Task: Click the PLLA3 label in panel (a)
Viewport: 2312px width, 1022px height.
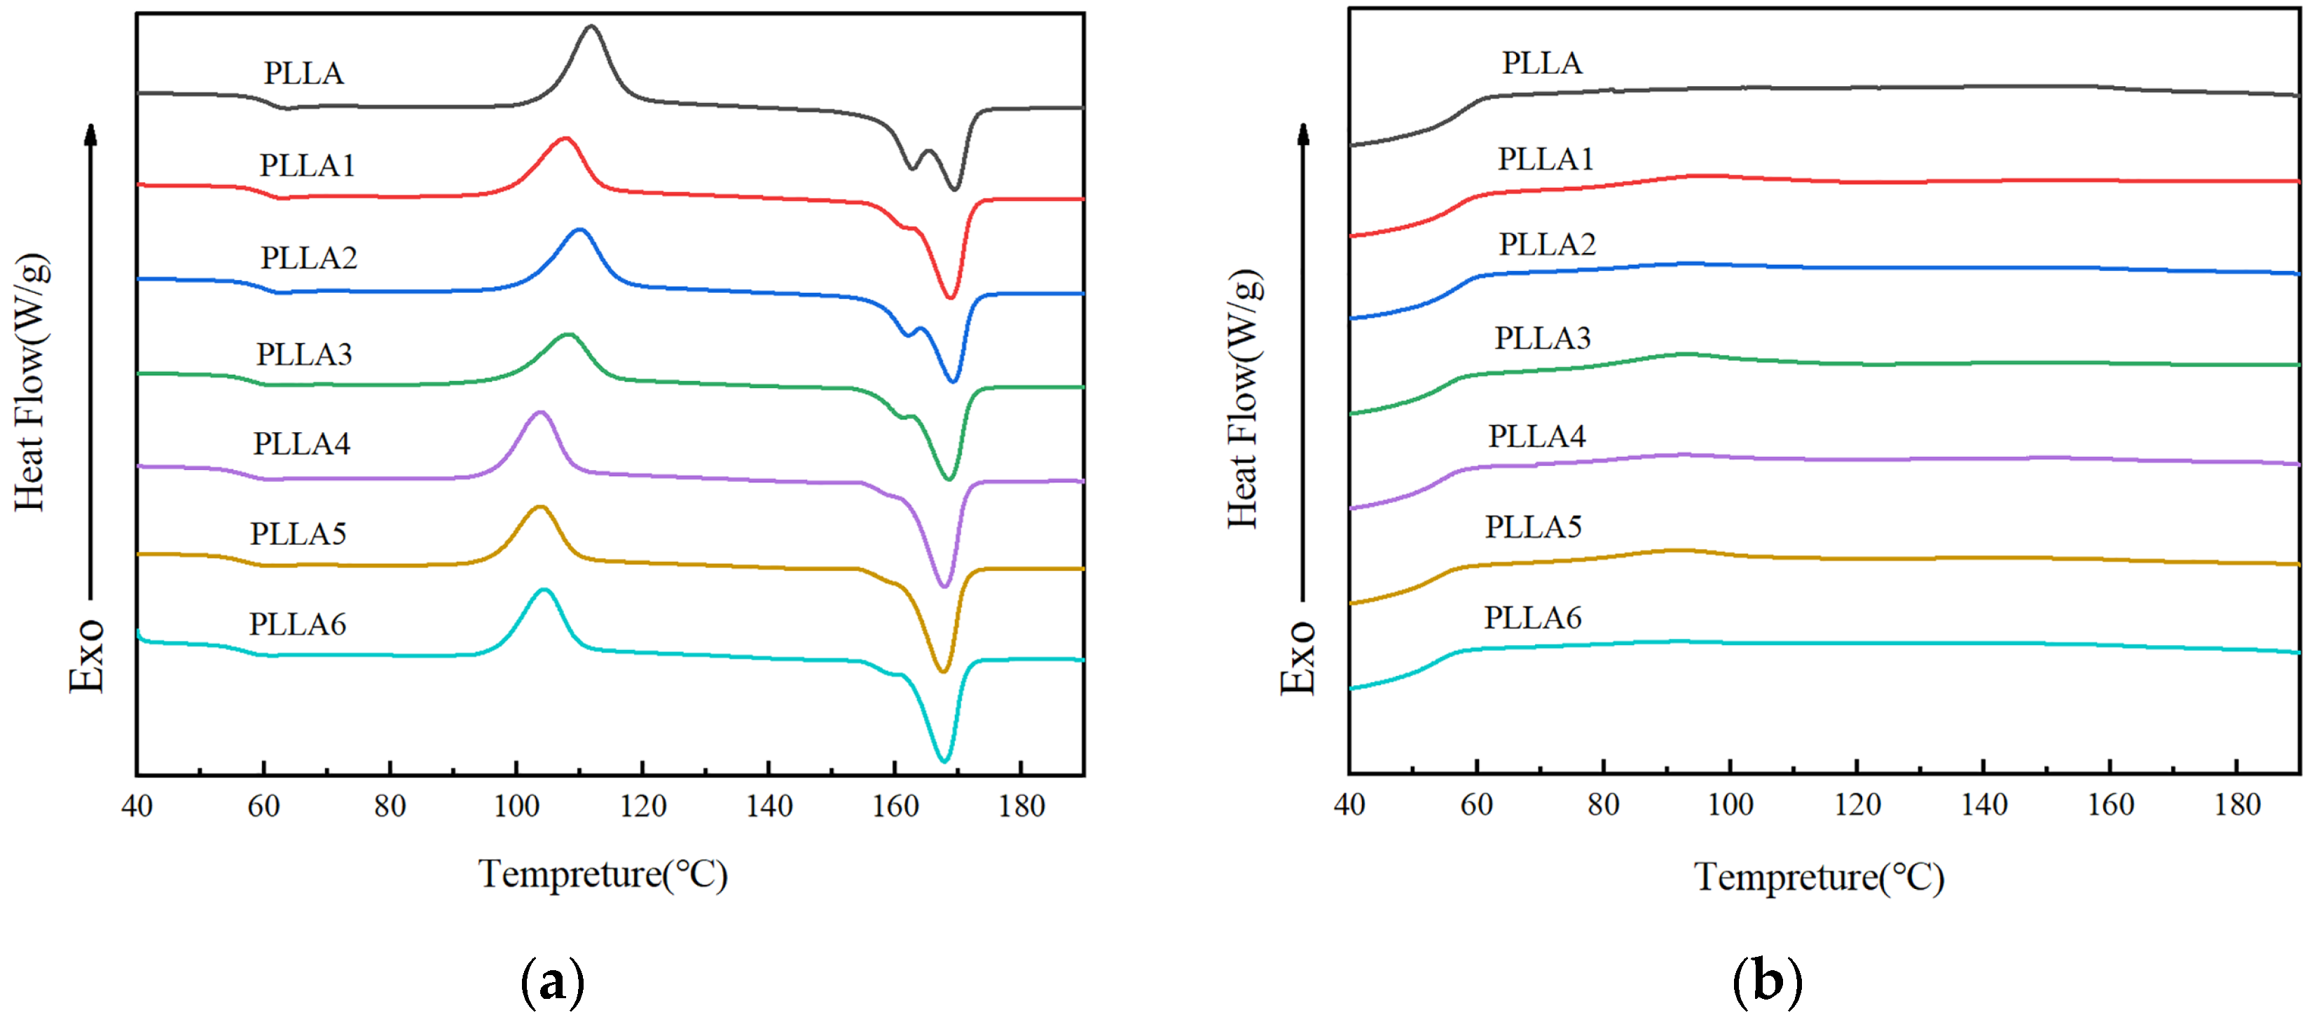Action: pos(304,354)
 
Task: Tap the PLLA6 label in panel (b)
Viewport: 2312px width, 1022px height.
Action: pos(1532,617)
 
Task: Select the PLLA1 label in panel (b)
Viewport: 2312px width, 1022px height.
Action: pos(1545,159)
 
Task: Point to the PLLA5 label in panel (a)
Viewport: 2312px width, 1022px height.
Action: pos(298,534)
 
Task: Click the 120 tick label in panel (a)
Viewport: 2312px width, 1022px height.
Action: pos(642,806)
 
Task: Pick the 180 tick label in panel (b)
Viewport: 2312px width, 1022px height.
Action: pos(2236,804)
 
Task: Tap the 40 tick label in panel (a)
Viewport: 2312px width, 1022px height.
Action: pos(137,806)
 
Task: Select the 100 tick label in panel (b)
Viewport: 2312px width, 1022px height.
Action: pos(1730,804)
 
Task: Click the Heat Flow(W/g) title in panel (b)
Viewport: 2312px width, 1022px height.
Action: pos(1244,399)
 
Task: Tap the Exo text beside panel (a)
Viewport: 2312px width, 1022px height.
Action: pos(87,655)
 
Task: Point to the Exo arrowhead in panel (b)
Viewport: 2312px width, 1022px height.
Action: pos(1303,134)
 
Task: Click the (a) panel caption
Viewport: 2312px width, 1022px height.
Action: pos(552,981)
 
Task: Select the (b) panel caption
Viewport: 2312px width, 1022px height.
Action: pos(1766,980)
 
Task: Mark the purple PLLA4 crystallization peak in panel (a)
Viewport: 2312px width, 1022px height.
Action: pos(539,413)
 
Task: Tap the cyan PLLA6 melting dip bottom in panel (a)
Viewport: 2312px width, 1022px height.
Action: pos(943,761)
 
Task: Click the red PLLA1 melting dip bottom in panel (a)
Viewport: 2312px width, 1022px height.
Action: pos(949,297)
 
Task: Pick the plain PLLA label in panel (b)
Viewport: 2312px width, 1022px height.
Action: pos(1542,63)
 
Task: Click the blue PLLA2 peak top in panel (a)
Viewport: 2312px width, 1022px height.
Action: pos(579,230)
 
